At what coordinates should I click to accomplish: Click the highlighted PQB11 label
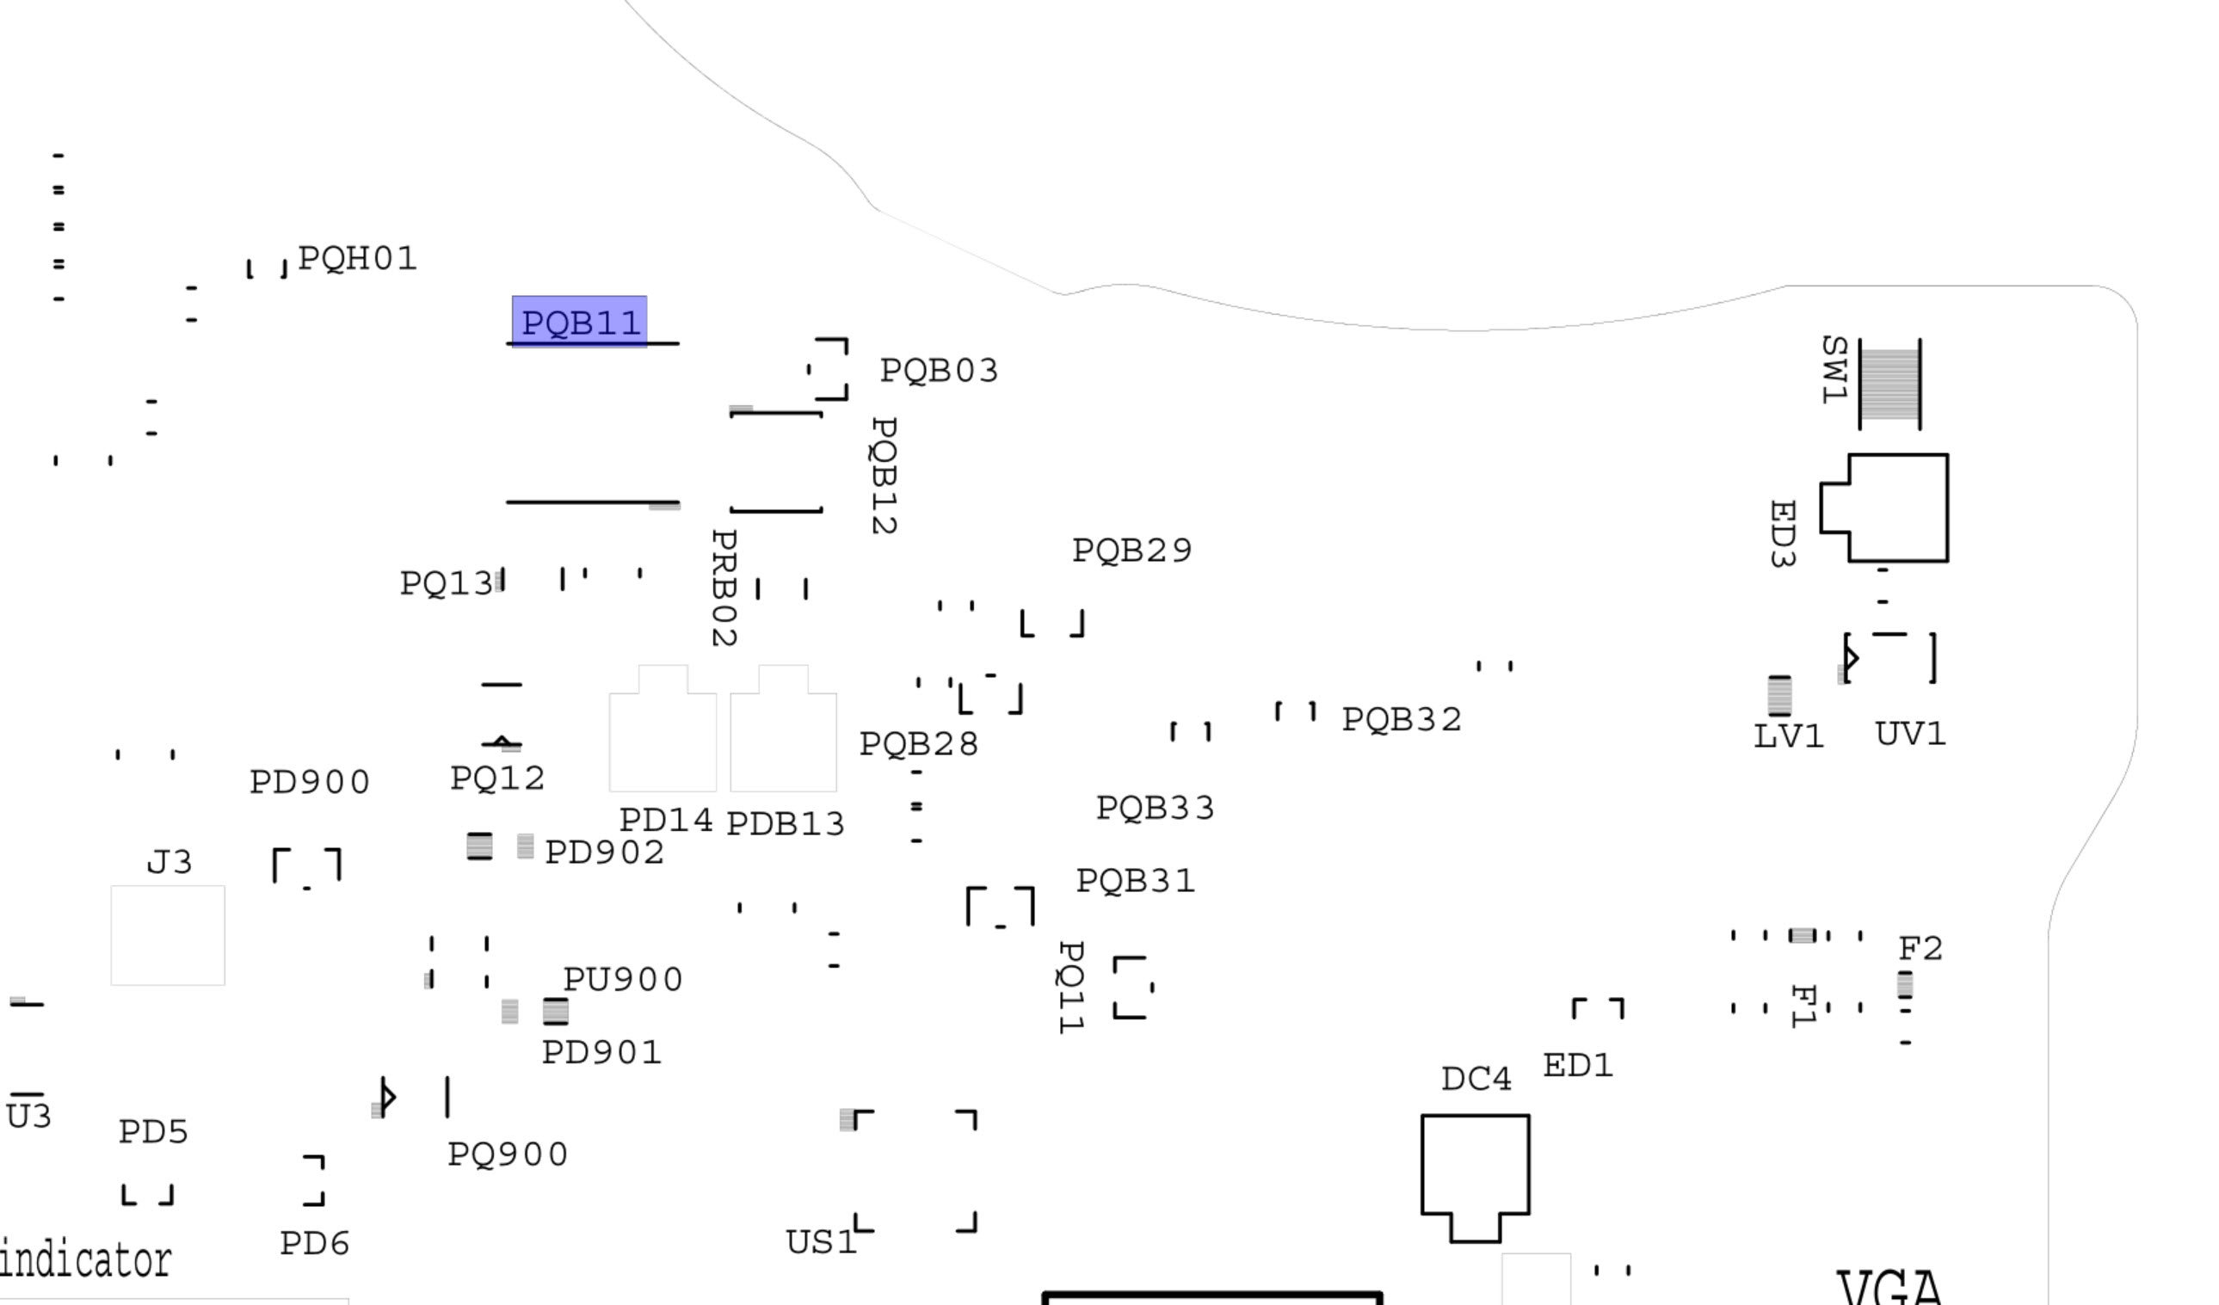[x=579, y=323]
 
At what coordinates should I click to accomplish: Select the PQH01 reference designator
[x=356, y=258]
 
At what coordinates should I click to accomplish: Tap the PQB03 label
[x=939, y=370]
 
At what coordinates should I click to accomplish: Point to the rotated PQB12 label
[x=883, y=476]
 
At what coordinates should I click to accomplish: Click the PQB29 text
[x=1131, y=551]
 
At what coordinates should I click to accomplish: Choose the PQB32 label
[x=1401, y=719]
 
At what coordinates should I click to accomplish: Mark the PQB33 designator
[x=1155, y=808]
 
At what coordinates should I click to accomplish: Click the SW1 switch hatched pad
[x=1889, y=384]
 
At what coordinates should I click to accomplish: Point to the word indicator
[x=85, y=1260]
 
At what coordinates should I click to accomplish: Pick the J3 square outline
[x=167, y=935]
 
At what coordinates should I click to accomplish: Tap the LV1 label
[x=1788, y=736]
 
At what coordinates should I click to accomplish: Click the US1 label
[x=820, y=1242]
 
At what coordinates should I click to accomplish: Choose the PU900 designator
[x=623, y=979]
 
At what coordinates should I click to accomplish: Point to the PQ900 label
[x=507, y=1154]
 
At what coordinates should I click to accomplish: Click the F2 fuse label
[x=1920, y=948]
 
